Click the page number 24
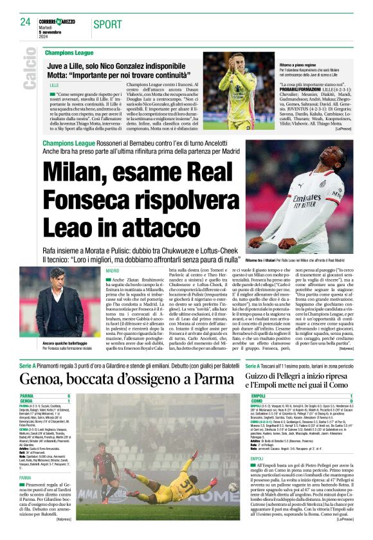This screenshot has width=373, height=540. [x=25, y=22]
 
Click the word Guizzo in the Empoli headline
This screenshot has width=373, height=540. [x=259, y=375]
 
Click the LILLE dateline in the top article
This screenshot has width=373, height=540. [x=54, y=84]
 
